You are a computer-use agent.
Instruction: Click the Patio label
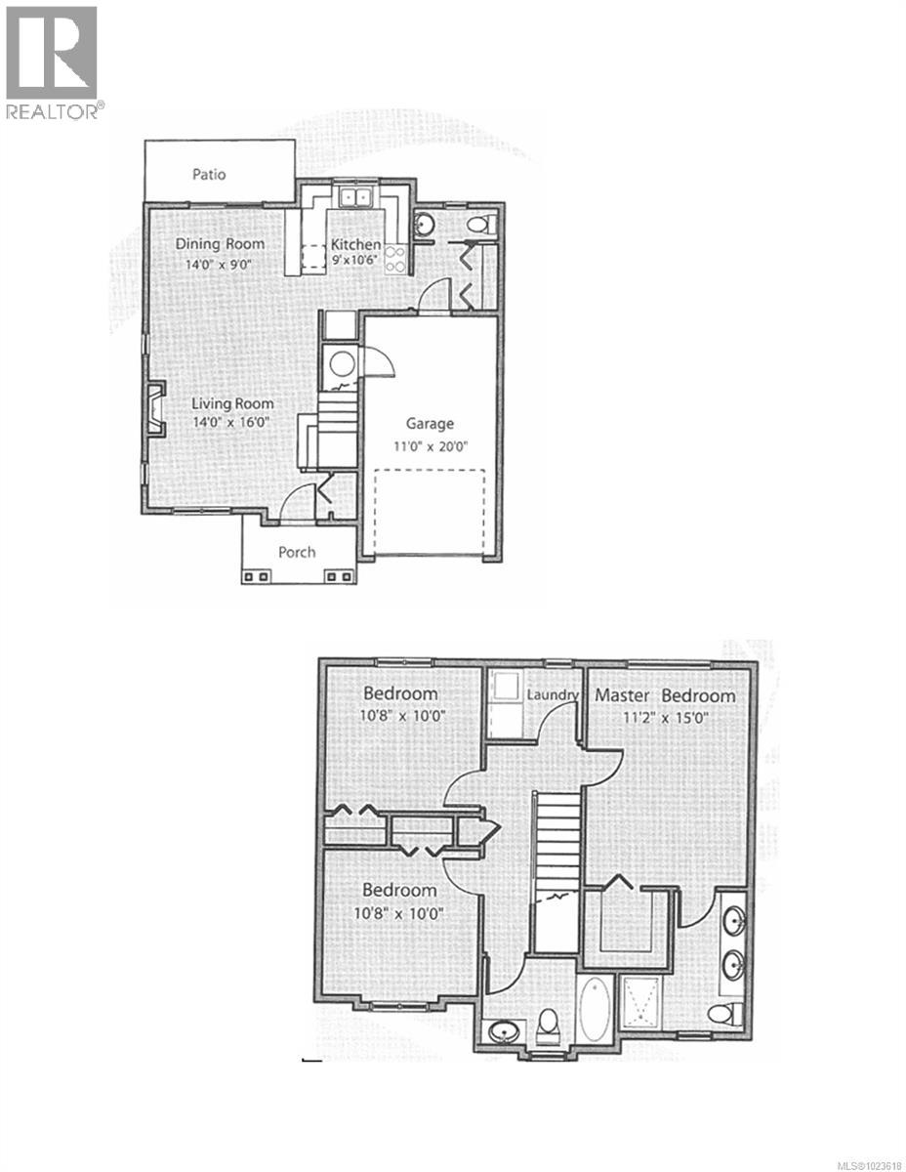coord(208,175)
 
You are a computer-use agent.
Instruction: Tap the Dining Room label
coord(220,243)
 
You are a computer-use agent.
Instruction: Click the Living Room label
coord(232,403)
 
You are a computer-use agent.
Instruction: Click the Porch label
coord(297,552)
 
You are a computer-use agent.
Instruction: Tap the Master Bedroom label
coord(665,695)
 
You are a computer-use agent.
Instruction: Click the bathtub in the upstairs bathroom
coord(594,1009)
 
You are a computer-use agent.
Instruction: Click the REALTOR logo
coord(52,63)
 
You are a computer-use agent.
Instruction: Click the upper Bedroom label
coord(400,693)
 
